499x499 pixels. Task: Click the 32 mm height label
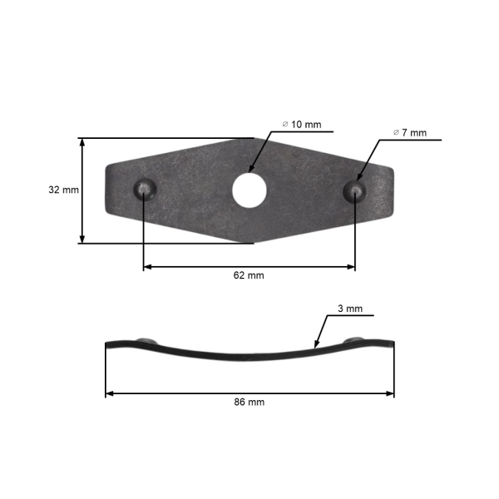63,190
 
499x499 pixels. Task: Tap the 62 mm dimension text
249,275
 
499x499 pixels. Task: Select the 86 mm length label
249,402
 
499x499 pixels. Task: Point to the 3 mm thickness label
350,309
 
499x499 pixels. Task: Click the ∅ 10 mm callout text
301,124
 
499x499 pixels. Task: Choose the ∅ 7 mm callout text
410,132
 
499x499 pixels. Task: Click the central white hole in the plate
249,190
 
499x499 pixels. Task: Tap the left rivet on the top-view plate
145,189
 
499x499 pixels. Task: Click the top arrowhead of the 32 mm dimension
82,142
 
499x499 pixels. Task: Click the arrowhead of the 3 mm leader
315,344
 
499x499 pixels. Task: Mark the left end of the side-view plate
107,344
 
